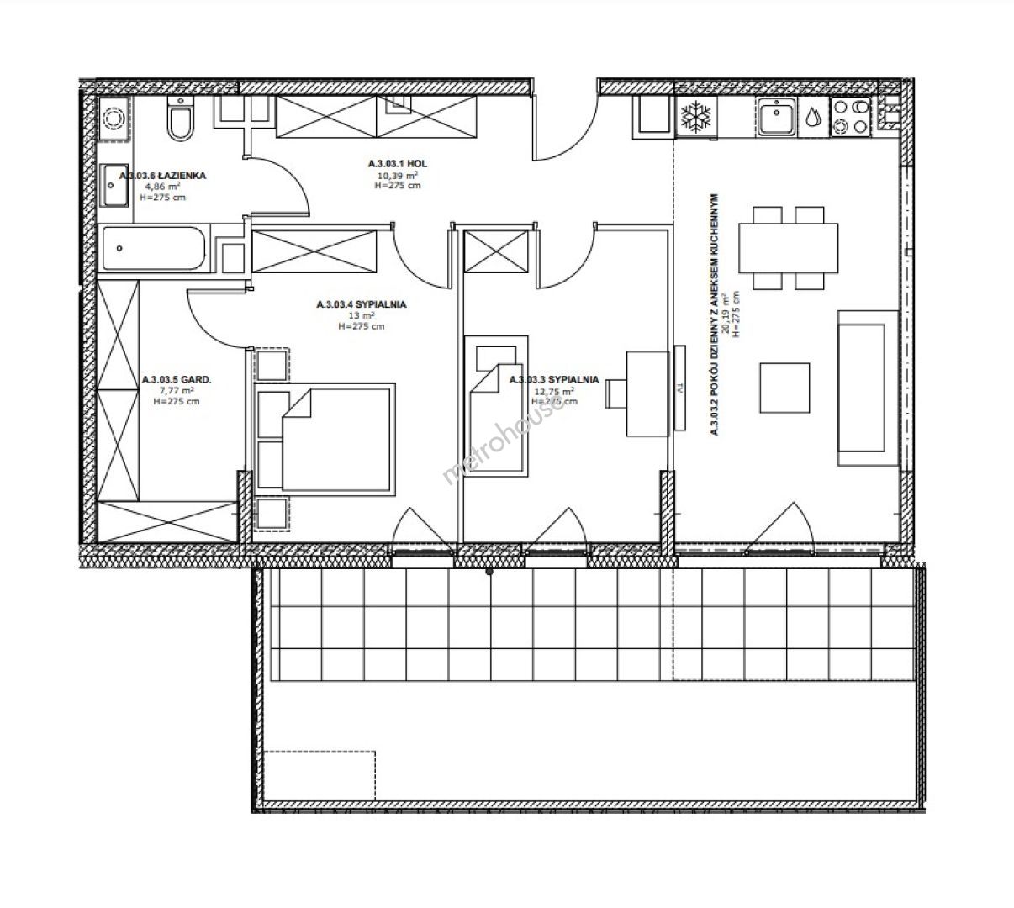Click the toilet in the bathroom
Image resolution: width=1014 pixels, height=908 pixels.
(180, 119)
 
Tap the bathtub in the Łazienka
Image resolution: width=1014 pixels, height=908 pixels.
(154, 248)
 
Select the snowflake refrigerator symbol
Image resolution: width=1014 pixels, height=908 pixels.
(696, 118)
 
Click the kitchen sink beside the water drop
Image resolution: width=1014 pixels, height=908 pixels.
(776, 117)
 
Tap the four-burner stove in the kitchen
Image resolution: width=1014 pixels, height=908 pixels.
(850, 117)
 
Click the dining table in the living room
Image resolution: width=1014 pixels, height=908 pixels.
(789, 248)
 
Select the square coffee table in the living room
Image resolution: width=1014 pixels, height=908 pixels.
(784, 388)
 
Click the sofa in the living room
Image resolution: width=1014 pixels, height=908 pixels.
(869, 388)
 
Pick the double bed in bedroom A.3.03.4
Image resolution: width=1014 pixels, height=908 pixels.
(325, 440)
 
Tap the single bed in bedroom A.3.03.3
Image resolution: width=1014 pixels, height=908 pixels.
(496, 406)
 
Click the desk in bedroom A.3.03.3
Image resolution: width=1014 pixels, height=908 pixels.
(647, 393)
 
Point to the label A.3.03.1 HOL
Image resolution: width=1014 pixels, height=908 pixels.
(398, 164)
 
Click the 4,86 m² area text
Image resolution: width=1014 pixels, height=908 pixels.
(162, 186)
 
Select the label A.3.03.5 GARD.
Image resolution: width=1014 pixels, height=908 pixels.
(177, 379)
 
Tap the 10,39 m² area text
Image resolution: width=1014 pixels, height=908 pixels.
(398, 175)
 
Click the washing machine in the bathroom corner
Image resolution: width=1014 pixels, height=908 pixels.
(114, 119)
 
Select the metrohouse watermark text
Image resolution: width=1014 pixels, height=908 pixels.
(503, 441)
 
